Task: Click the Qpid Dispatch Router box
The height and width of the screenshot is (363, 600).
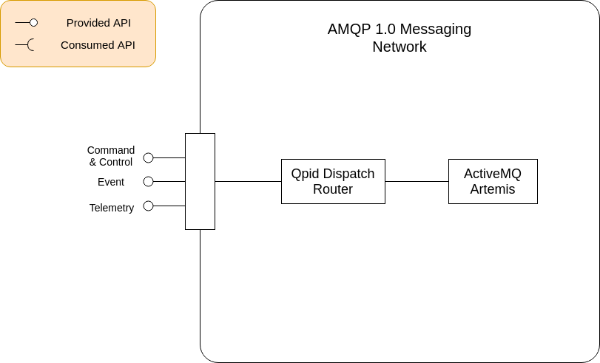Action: [333, 181]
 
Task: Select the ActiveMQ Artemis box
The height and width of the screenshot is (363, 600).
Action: [493, 181]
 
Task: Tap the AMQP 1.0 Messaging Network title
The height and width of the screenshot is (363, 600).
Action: [400, 38]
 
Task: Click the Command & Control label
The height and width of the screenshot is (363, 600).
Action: [111, 156]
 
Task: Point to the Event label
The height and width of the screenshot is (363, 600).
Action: [111, 182]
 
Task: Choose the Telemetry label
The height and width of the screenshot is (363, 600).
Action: [112, 208]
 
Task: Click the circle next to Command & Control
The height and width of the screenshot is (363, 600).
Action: [148, 157]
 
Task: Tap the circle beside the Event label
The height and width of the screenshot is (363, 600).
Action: [148, 181]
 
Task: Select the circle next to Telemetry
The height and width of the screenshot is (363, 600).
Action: [148, 206]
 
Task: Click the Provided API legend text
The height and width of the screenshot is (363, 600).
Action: [98, 23]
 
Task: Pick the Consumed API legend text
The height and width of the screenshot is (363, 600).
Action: [98, 45]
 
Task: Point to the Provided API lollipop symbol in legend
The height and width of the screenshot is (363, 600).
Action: [27, 23]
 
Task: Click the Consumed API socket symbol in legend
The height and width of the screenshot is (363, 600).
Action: [25, 45]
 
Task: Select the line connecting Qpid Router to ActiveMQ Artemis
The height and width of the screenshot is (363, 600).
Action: [417, 181]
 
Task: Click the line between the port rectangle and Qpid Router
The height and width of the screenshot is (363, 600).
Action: [248, 181]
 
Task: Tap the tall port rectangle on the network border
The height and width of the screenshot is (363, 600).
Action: [200, 181]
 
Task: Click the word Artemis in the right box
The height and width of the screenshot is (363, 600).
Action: [493, 189]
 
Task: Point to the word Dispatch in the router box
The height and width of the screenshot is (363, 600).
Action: [348, 174]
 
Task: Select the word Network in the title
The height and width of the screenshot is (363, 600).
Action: [400, 47]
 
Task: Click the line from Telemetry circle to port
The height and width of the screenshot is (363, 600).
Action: [169, 206]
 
